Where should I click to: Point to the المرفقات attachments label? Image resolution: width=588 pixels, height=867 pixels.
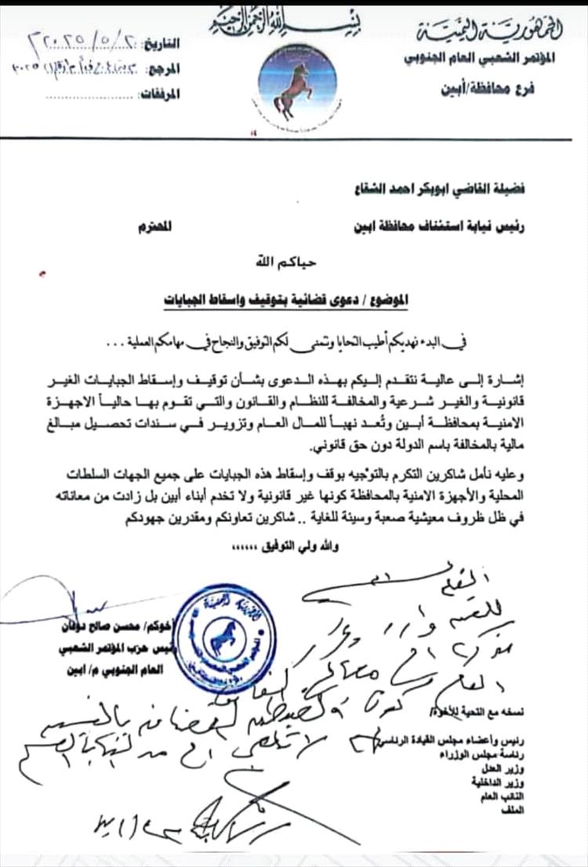tap(162, 95)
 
